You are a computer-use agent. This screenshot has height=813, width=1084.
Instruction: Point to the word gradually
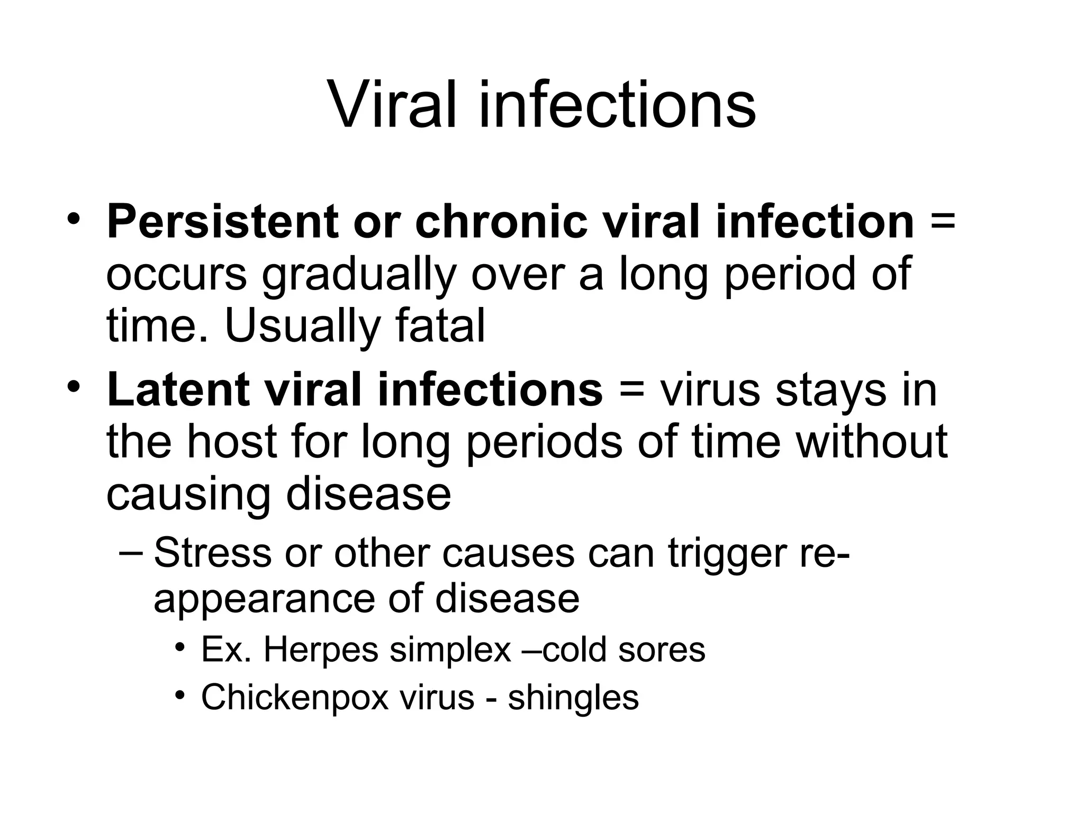click(358, 275)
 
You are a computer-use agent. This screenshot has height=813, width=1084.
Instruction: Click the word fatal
click(440, 326)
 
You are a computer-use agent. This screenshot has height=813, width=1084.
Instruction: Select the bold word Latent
click(178, 390)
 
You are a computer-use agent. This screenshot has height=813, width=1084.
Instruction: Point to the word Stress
click(212, 552)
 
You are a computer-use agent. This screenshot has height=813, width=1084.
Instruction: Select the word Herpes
click(321, 650)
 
